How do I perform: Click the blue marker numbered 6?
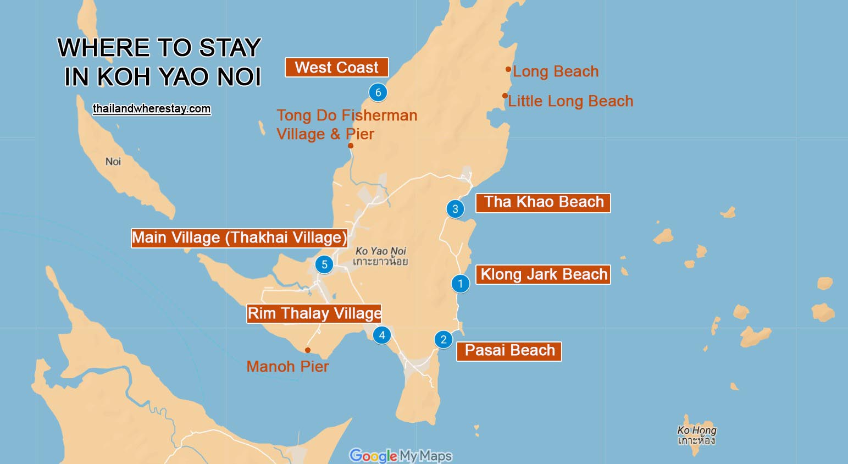tap(378, 92)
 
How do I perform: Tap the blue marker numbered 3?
tap(455, 209)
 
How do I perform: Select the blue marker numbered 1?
tap(461, 284)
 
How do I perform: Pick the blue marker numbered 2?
tap(444, 340)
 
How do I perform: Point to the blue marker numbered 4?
tap(382, 335)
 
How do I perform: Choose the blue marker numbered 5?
tap(324, 264)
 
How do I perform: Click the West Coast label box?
tap(336, 68)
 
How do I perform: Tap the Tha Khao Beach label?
tap(543, 202)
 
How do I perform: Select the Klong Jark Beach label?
tap(543, 274)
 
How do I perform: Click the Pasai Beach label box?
tap(509, 351)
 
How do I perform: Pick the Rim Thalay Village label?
tap(314, 313)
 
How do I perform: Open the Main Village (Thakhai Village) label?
tap(239, 238)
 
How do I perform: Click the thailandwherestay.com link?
tap(152, 109)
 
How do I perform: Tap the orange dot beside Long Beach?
tap(508, 69)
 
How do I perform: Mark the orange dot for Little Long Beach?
tap(505, 96)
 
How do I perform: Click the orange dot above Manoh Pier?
tap(308, 350)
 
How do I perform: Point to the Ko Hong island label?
tap(696, 435)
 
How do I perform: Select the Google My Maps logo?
tap(401, 455)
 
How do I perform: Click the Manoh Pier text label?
tap(287, 367)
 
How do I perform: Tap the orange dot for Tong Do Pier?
tap(351, 146)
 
